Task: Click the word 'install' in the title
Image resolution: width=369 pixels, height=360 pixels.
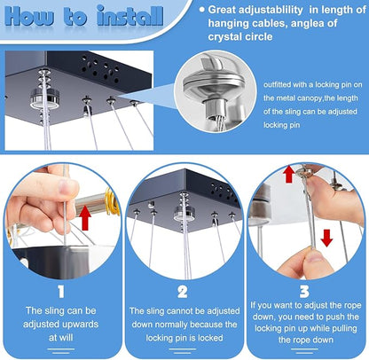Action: pyautogui.click(x=130, y=15)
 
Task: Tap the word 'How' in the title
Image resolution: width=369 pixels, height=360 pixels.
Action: pyautogui.click(x=29, y=15)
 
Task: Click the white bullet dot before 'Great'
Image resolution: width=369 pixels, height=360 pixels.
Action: pyautogui.click(x=202, y=10)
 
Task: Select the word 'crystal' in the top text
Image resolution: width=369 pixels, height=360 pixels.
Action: pyautogui.click(x=224, y=36)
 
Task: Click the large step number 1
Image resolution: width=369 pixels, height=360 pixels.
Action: pyautogui.click(x=61, y=292)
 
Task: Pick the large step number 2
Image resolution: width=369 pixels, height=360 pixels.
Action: pyautogui.click(x=183, y=292)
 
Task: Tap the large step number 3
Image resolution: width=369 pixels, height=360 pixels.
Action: pyautogui.click(x=304, y=292)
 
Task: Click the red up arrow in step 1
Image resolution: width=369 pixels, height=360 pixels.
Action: pyautogui.click(x=85, y=217)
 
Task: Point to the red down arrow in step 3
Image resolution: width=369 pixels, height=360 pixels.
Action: pyautogui.click(x=326, y=238)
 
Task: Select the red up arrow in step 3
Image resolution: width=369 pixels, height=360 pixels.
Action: pyautogui.click(x=289, y=175)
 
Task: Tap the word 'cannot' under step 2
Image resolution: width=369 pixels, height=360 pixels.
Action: pyautogui.click(x=180, y=311)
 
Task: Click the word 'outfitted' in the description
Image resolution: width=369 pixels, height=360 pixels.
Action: pyautogui.click(x=277, y=84)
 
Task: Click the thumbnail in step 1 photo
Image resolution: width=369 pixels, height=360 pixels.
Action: pyautogui.click(x=68, y=187)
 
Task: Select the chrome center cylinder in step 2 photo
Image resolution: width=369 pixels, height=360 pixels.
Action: pyautogui.click(x=184, y=214)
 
